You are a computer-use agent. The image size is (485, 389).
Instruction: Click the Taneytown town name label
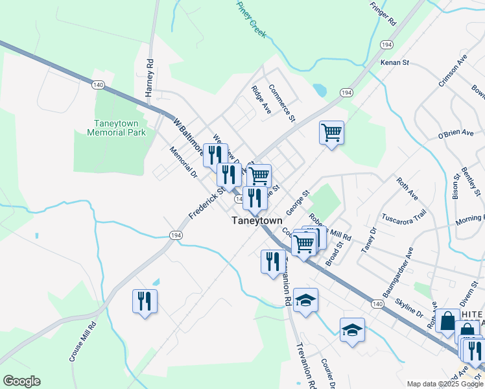point(257,221)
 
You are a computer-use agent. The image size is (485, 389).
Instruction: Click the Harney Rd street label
point(149,78)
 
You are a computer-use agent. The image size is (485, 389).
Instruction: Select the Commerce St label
point(282,103)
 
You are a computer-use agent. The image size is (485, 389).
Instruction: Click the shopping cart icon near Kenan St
point(331,133)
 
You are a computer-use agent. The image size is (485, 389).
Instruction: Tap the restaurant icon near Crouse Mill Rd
point(145,301)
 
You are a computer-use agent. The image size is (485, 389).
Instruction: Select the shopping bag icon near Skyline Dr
point(447,320)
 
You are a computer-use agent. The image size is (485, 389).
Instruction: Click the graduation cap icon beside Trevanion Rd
point(305,300)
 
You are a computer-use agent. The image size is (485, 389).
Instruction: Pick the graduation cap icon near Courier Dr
point(352,329)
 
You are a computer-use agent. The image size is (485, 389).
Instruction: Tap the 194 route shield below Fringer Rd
point(386,45)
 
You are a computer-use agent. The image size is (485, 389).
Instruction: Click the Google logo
point(21,381)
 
